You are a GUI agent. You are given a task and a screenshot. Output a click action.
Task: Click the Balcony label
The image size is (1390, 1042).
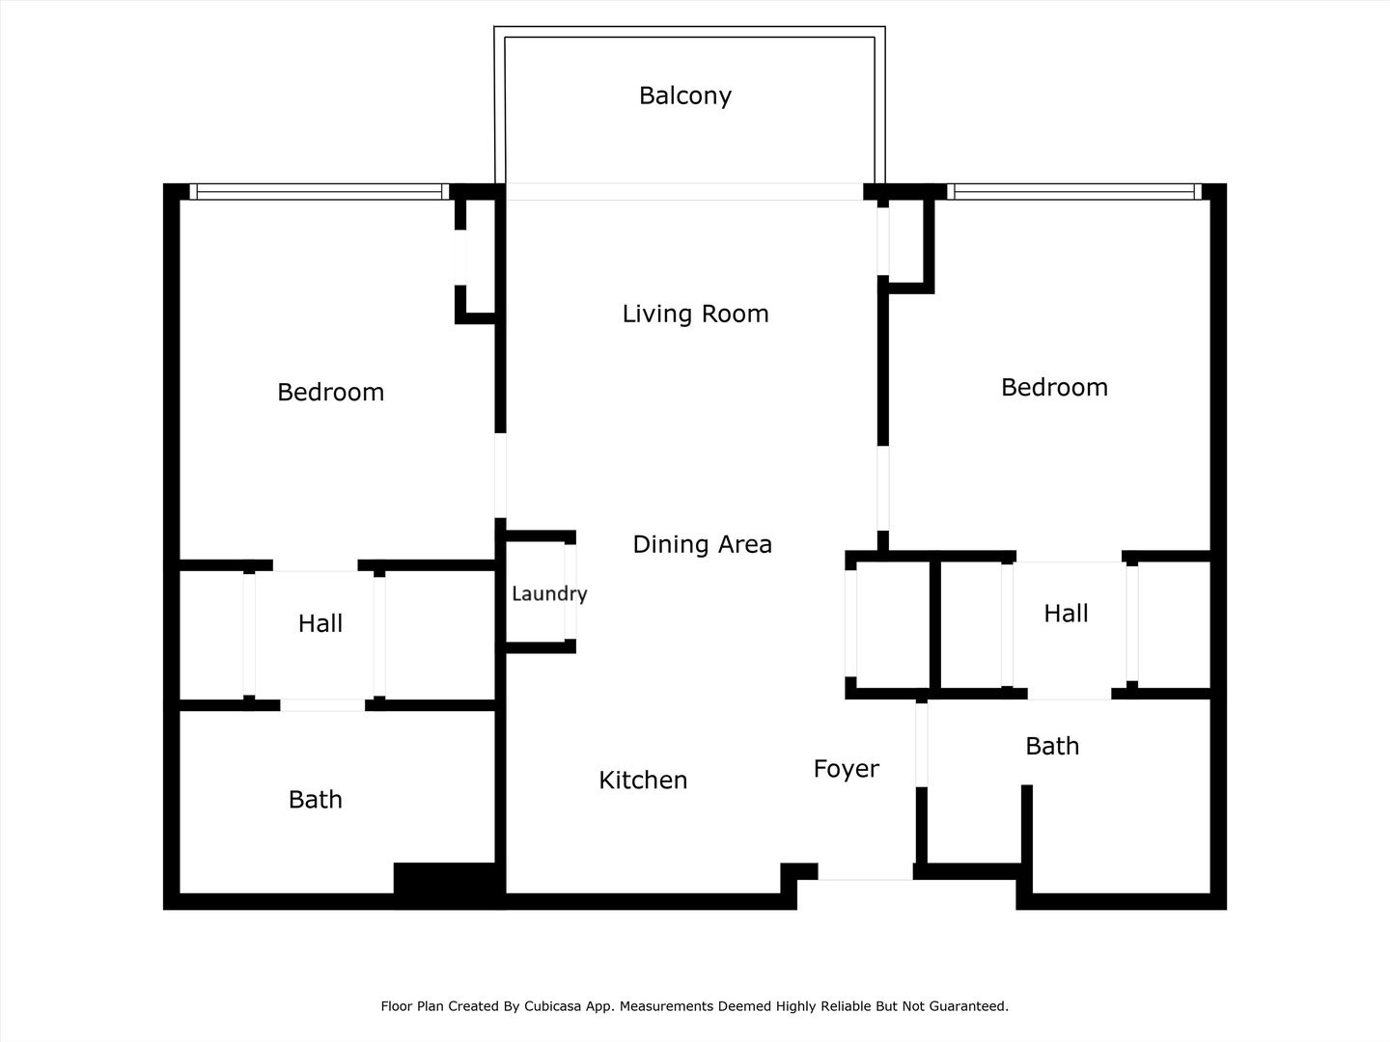[685, 96]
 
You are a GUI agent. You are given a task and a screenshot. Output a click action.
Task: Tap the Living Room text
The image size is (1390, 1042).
[695, 314]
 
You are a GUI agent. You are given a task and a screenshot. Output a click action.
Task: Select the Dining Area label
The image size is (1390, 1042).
[702, 544]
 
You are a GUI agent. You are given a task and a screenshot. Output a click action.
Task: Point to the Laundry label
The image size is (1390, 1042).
[548, 593]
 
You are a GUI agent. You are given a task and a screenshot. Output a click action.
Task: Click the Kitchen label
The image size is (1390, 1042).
[643, 780]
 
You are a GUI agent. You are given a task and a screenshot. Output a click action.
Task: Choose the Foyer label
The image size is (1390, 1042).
[846, 769]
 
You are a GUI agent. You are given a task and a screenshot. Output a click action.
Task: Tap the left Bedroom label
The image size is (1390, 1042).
[330, 392]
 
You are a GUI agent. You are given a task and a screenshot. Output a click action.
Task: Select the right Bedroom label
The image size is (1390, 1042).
[1054, 387]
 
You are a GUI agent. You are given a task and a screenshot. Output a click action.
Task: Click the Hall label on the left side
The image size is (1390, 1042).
[320, 623]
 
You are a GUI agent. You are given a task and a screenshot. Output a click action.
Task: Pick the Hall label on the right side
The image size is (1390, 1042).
[1066, 613]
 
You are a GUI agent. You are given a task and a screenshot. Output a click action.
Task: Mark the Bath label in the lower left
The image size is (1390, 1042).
[315, 799]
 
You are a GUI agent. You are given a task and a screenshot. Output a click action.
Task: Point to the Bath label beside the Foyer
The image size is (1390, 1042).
[1052, 746]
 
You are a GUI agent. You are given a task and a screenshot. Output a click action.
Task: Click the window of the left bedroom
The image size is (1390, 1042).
[320, 192]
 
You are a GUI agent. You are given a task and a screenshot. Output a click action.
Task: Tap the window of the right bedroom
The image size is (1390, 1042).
[1074, 192]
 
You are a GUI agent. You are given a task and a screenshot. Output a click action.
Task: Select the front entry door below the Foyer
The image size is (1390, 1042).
[866, 872]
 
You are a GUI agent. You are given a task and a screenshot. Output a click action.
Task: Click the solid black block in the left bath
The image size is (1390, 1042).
[448, 884]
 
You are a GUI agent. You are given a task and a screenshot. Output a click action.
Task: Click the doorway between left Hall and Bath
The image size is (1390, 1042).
[322, 705]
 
